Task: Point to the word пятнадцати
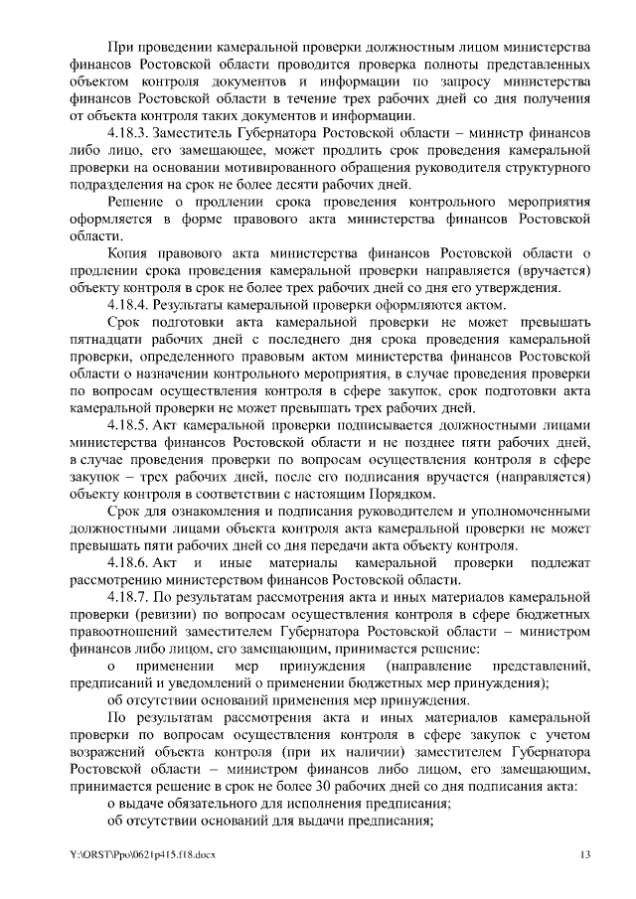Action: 109,339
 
